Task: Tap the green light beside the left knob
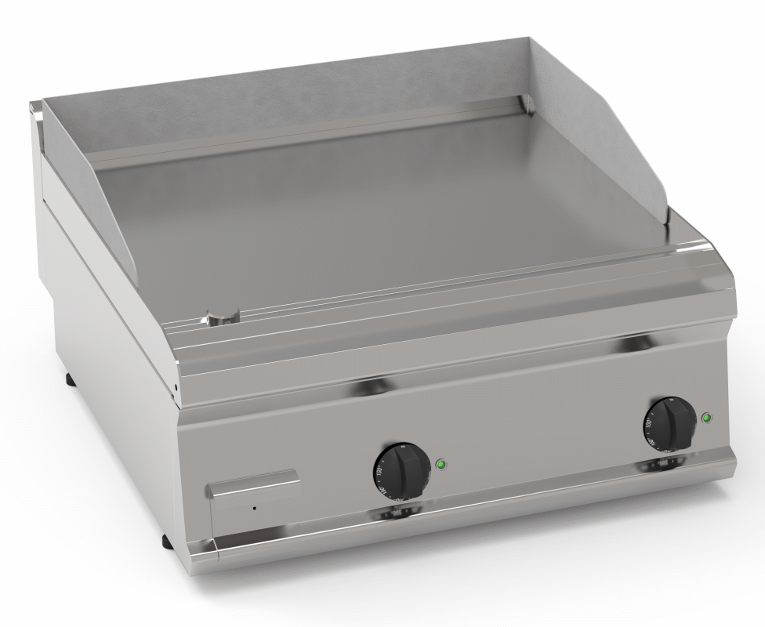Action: [441, 463]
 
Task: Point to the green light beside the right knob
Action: [707, 417]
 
